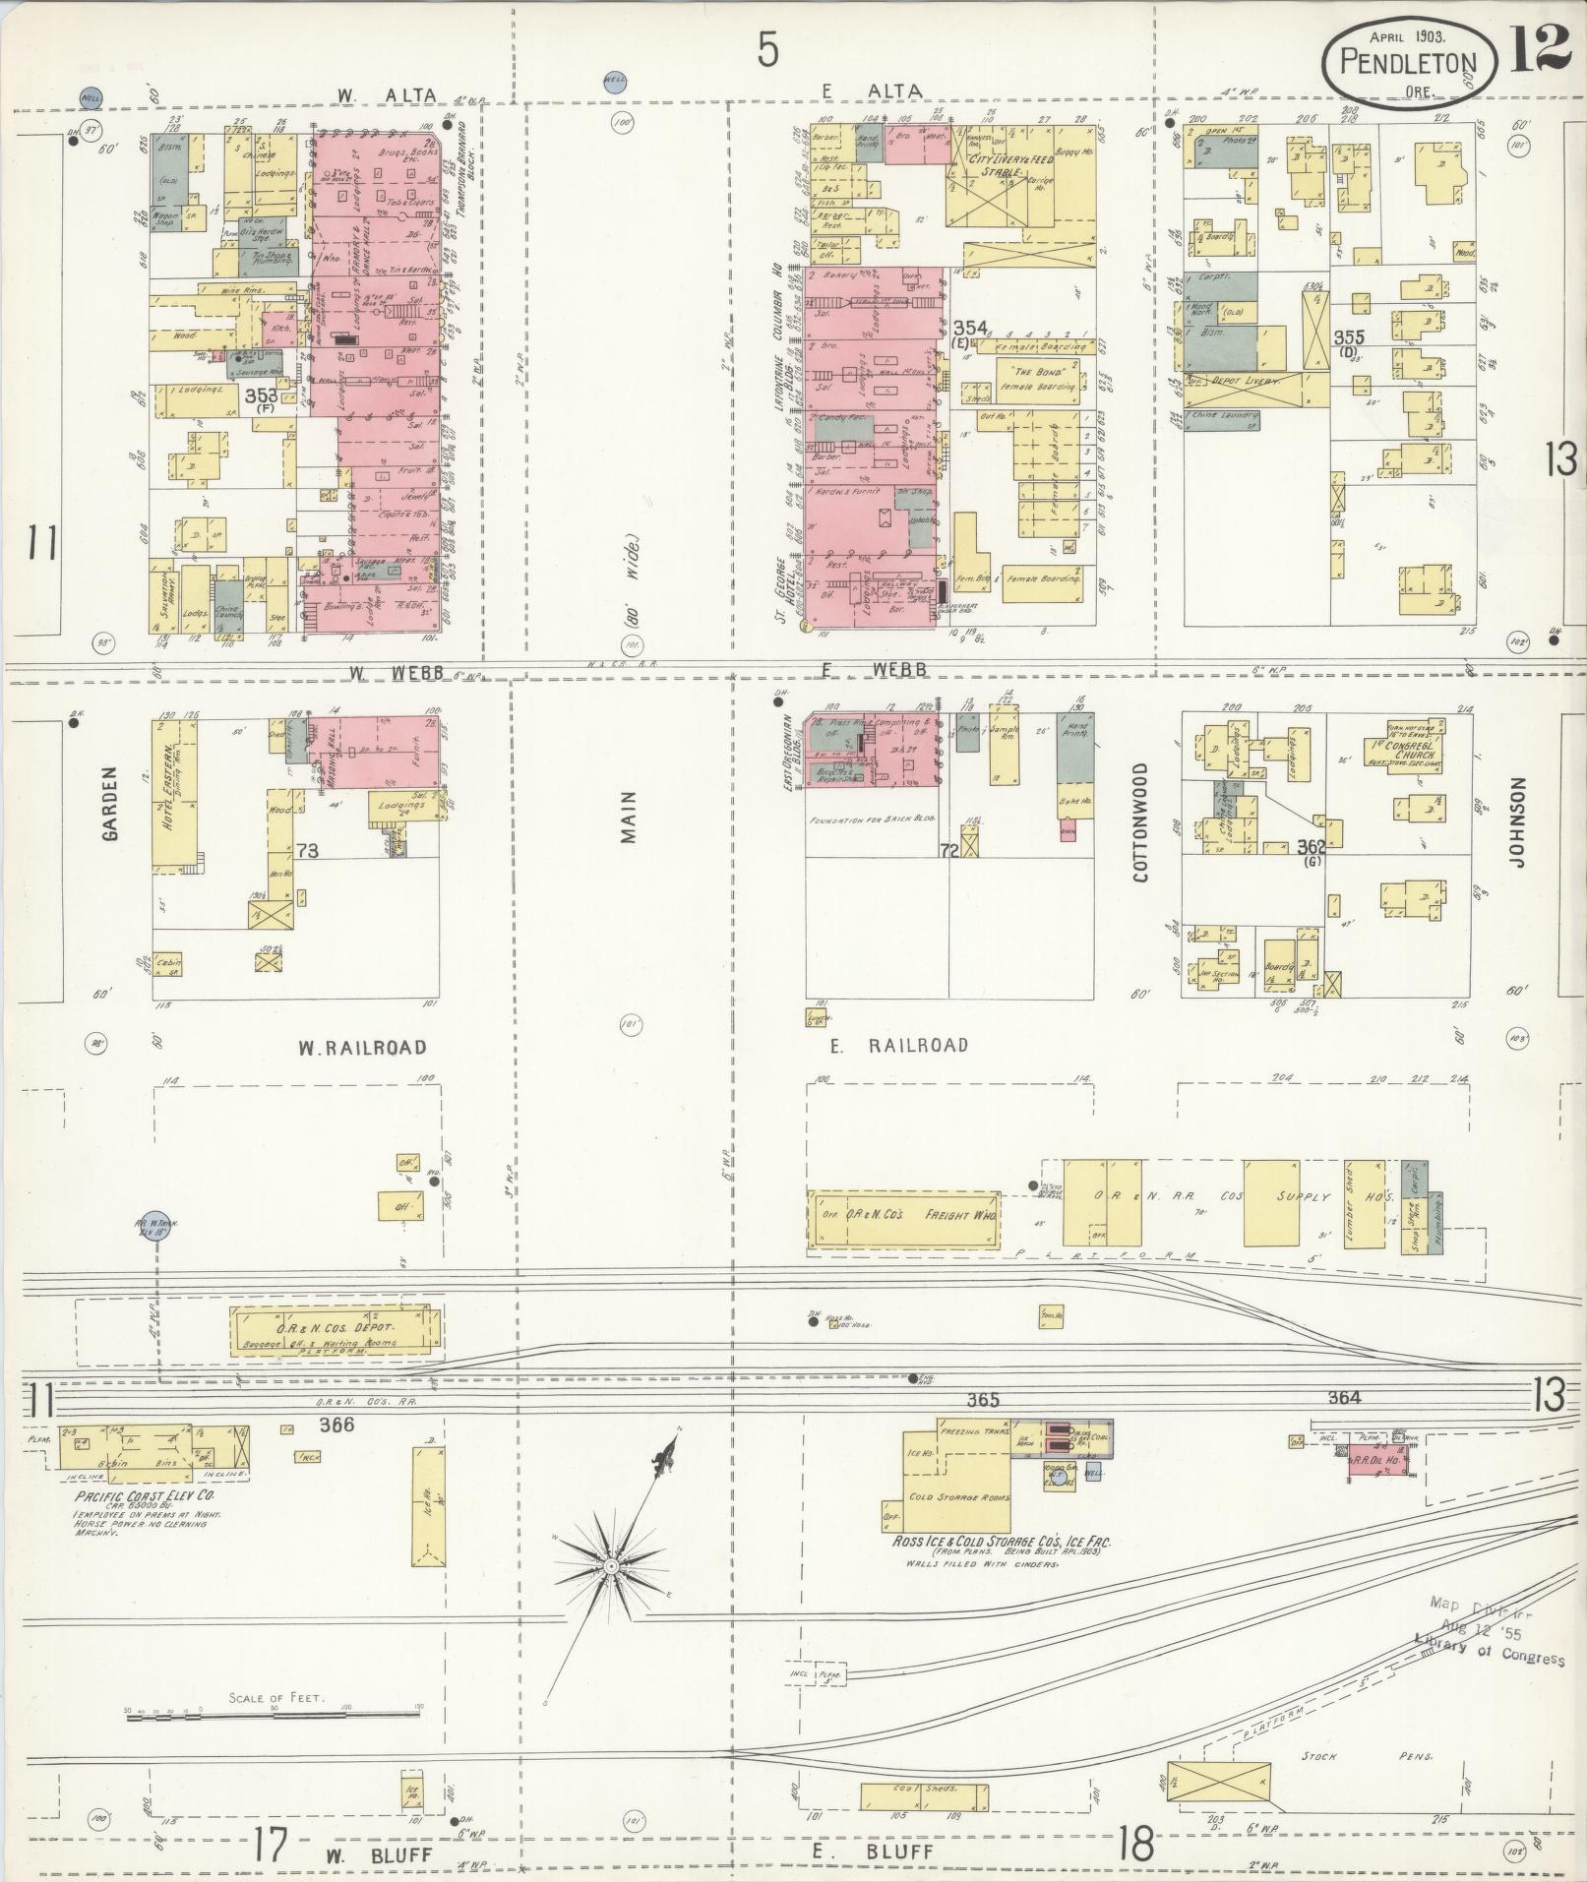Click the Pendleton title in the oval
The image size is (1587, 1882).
tap(1409, 64)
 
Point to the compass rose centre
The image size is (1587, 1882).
tap(611, 1564)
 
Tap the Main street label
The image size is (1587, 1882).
tap(628, 817)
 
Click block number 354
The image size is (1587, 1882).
tap(970, 327)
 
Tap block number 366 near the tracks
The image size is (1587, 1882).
tap(336, 1424)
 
